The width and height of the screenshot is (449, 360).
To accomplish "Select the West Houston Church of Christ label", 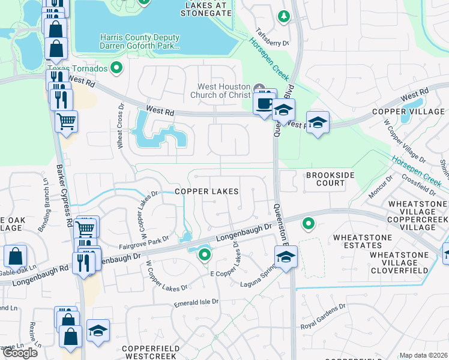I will [x=222, y=89].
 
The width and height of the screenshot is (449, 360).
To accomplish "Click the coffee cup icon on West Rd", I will [x=264, y=103].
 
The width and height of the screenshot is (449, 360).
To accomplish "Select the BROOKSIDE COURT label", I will [x=331, y=179].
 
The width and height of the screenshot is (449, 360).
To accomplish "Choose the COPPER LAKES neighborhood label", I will [x=206, y=191].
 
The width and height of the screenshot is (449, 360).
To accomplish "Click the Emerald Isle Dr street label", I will [x=197, y=304].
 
